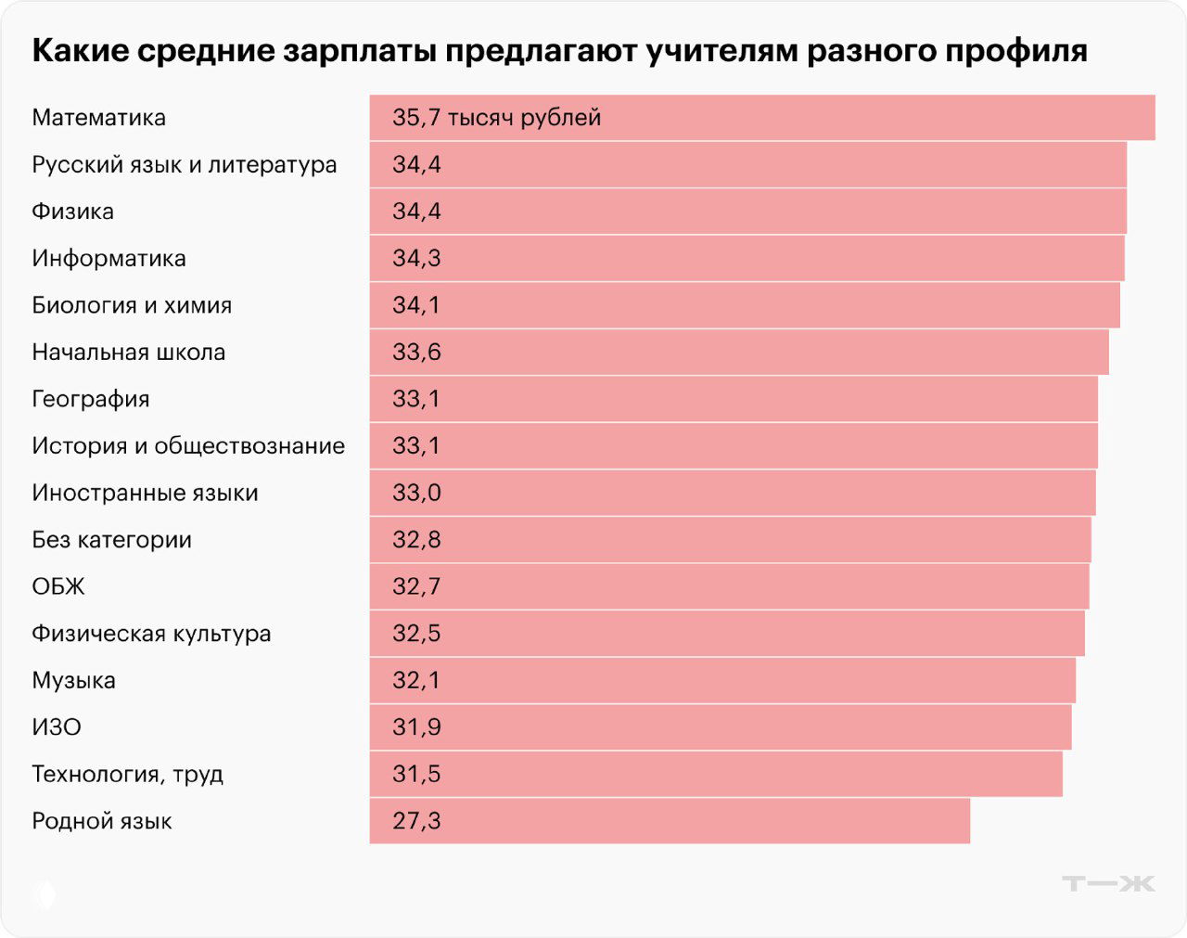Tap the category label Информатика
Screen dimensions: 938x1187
point(108,259)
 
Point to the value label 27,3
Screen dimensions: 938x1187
point(416,821)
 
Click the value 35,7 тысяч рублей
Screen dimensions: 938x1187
point(496,118)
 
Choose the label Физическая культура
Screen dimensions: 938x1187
point(151,634)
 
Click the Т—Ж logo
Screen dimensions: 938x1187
point(1108,883)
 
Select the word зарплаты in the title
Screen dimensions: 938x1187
point(359,51)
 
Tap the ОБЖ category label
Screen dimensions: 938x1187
point(58,587)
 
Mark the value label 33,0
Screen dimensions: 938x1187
point(416,493)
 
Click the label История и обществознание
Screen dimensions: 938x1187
point(188,446)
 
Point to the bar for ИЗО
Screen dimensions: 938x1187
point(721,727)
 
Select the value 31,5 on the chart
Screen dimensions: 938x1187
point(416,775)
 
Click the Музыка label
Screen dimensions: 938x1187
point(73,681)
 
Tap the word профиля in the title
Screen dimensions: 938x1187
point(1016,51)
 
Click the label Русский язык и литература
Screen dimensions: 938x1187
point(185,165)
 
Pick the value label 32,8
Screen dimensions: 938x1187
point(416,540)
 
